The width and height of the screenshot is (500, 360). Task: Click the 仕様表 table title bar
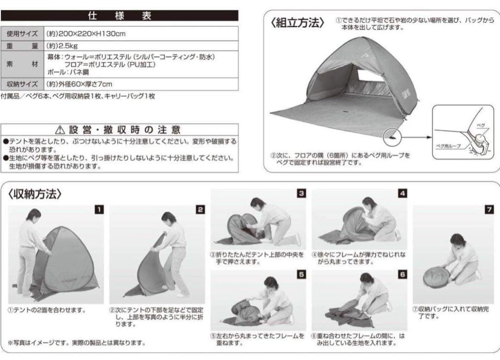tap(119, 16)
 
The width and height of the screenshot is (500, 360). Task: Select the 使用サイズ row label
tap(23, 34)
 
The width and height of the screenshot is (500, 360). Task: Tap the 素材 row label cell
tap(23, 65)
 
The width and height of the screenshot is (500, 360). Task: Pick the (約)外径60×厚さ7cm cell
tap(80, 84)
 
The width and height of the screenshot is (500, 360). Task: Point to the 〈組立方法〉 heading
tap(297, 23)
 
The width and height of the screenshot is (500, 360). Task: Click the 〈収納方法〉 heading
tap(35, 194)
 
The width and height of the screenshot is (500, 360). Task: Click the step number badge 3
tap(301, 194)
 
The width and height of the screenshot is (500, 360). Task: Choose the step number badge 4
tap(402, 194)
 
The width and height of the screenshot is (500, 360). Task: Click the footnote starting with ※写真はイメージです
tap(76, 343)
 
